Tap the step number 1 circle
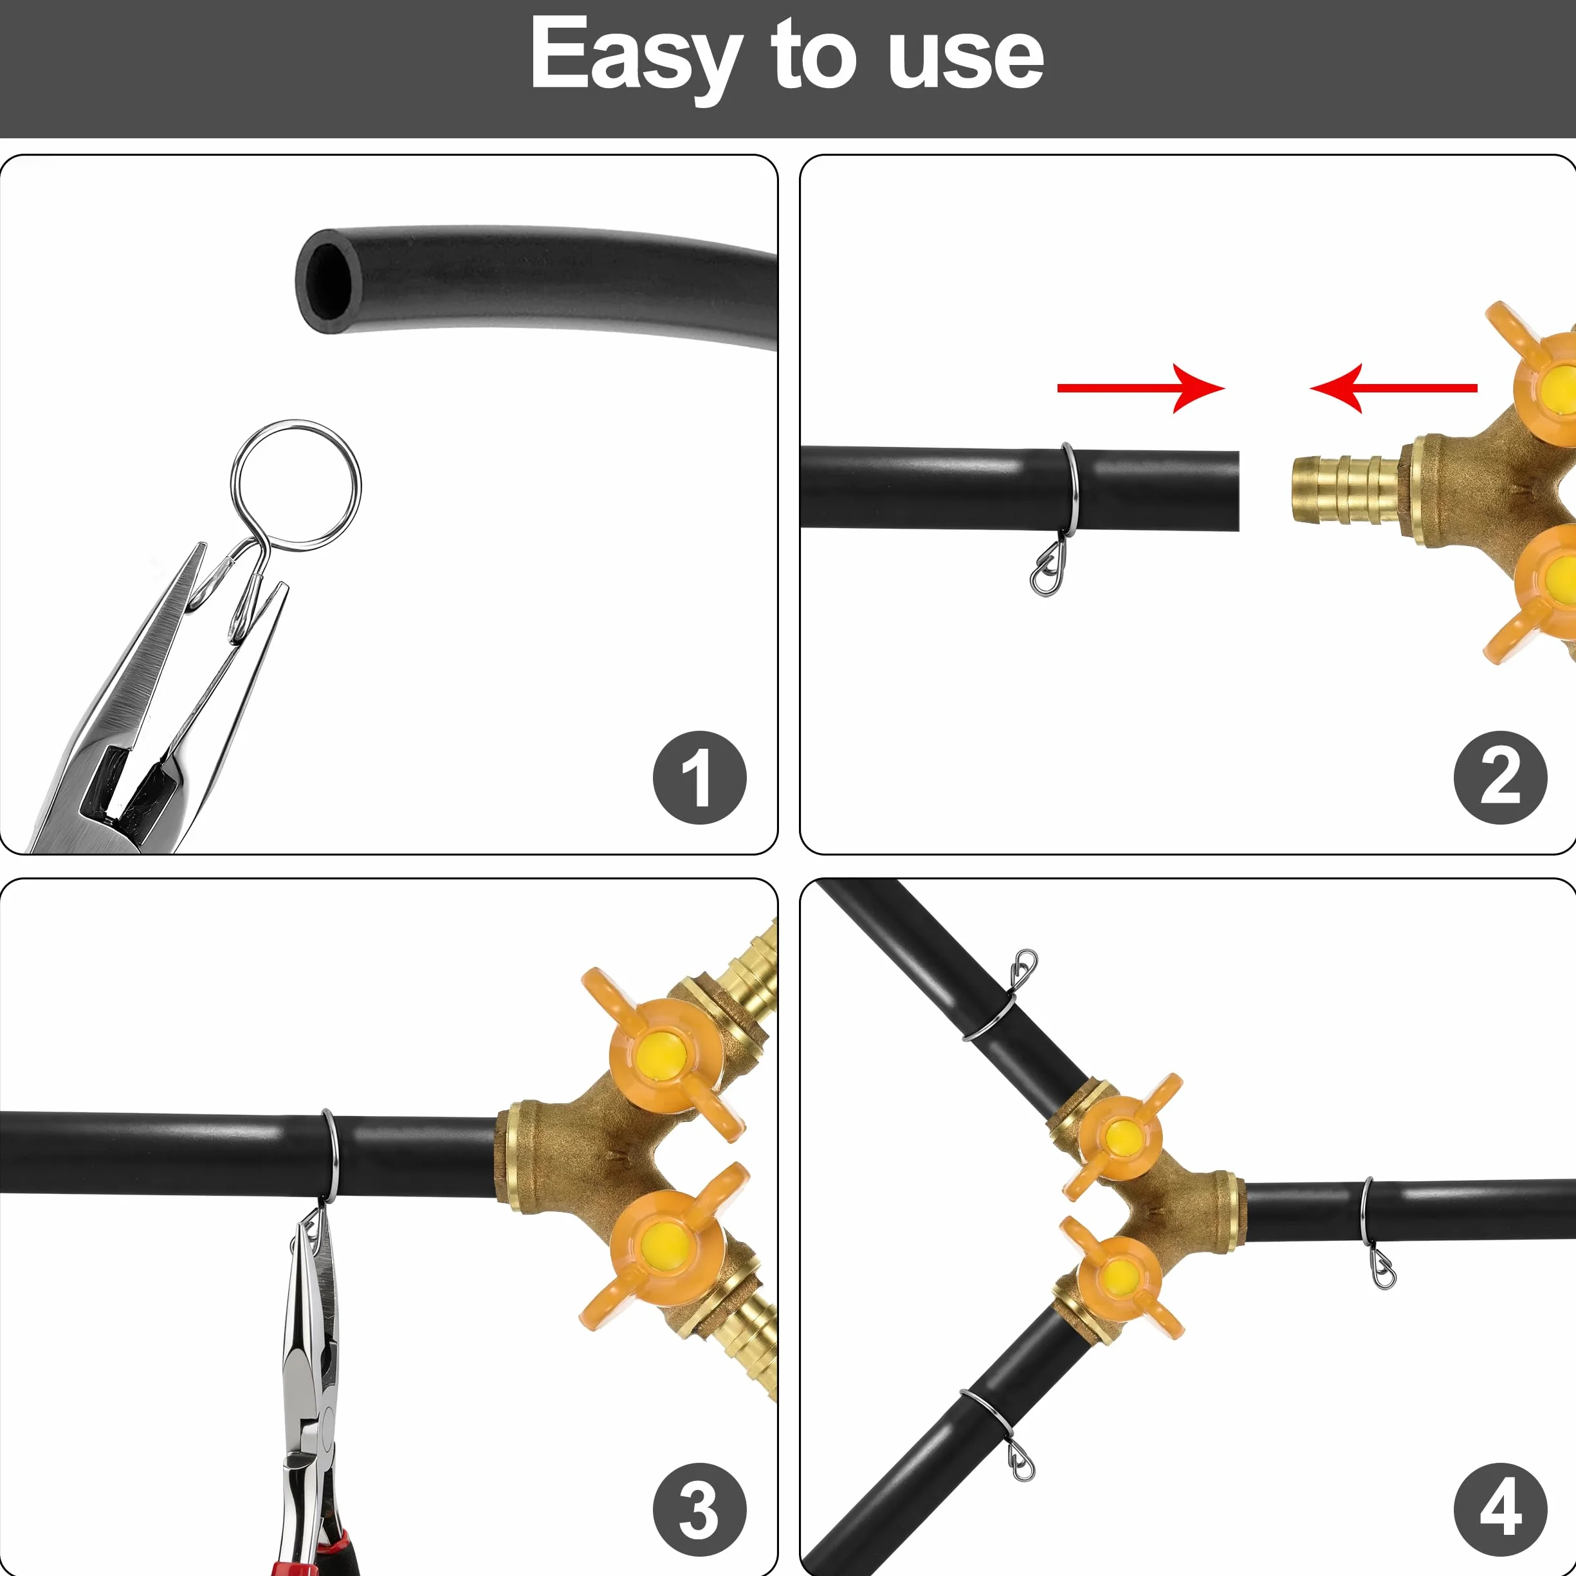699,778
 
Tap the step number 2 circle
1500,778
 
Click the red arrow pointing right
1141,389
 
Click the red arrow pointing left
1393,389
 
